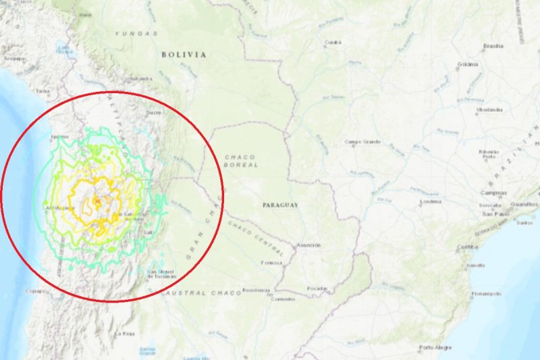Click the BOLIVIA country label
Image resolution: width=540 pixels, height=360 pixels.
coord(184,55)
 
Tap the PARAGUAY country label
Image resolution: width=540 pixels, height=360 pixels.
coord(280,204)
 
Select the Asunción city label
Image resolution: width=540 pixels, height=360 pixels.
coord(308,245)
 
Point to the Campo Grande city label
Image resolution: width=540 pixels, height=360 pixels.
coord(362,142)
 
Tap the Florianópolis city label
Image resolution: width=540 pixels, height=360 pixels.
coord(486,294)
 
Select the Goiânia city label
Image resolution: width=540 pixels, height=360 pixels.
coord(464,64)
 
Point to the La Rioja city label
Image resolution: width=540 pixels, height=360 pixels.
coord(126,334)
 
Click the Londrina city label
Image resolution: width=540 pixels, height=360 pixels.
coord(430,202)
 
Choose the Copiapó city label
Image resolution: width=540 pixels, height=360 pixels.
coord(36,291)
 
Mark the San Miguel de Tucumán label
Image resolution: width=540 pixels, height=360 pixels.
coord(161,274)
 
